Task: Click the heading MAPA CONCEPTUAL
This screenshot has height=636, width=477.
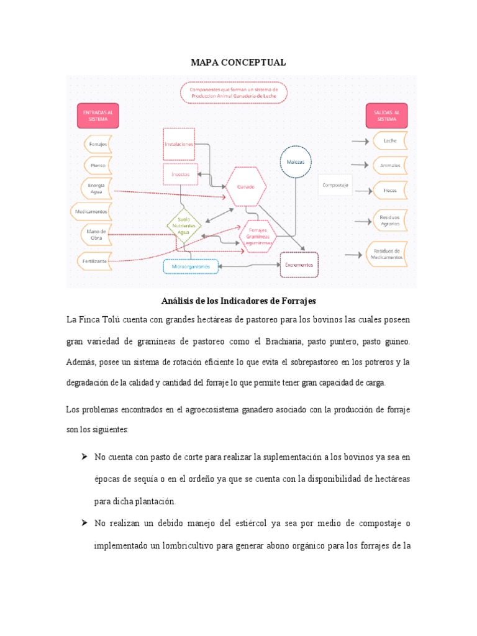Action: (x=238, y=63)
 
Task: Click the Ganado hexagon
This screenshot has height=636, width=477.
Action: (x=246, y=186)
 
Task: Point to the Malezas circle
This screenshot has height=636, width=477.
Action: (x=296, y=162)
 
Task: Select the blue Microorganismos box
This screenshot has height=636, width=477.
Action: (x=191, y=266)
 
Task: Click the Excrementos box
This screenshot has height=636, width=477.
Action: (x=299, y=265)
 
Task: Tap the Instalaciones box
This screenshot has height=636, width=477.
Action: (x=179, y=144)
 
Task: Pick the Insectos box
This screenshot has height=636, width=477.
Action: (x=180, y=175)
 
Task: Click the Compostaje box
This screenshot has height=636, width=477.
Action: (x=336, y=184)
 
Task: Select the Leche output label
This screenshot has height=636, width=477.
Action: (x=390, y=141)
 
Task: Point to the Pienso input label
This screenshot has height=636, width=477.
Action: (x=98, y=166)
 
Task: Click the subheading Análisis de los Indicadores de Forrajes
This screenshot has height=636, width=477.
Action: (x=238, y=301)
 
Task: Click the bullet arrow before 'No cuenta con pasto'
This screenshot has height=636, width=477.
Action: (x=83, y=457)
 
